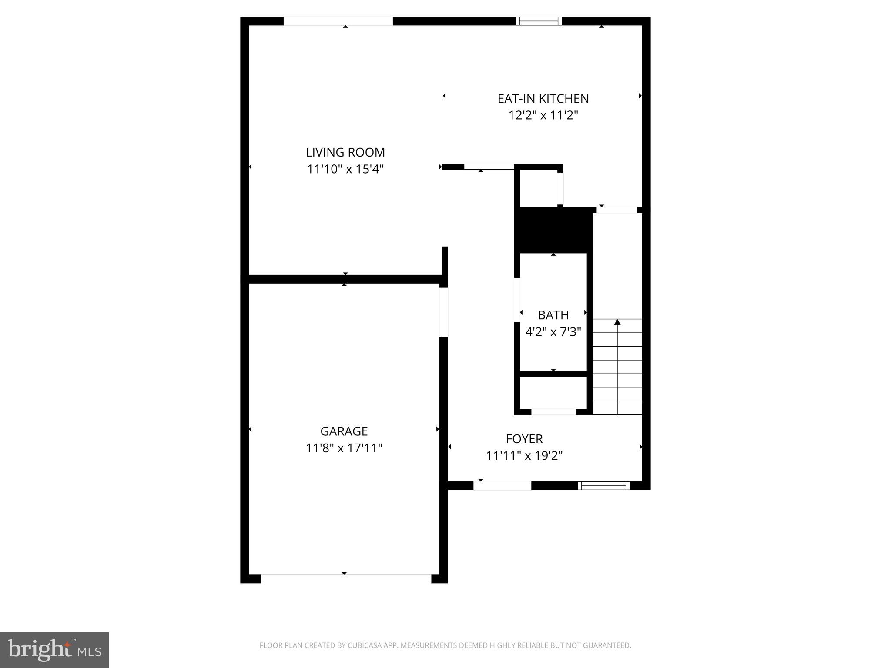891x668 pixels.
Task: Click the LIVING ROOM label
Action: (345, 152)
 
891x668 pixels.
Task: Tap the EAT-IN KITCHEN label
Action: (543, 99)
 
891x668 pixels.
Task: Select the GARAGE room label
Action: (344, 431)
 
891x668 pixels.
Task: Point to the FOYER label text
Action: (524, 439)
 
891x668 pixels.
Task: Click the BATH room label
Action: (553, 315)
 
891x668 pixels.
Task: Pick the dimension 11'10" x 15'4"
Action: (345, 169)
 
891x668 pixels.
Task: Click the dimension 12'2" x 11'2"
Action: (543, 116)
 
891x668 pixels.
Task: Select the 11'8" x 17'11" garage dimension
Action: (344, 448)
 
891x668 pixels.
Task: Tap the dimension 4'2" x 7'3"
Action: (553, 332)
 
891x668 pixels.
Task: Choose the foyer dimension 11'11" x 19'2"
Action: (524, 456)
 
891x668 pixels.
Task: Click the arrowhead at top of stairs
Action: (617, 322)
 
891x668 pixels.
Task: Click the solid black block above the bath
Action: (553, 230)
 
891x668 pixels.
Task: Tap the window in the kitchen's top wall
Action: (539, 21)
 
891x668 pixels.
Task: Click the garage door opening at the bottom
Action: (346, 578)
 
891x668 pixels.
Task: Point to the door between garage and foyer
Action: (444, 312)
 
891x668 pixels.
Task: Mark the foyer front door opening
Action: (502, 486)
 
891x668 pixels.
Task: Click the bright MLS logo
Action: (54, 650)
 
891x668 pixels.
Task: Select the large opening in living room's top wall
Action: (338, 21)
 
